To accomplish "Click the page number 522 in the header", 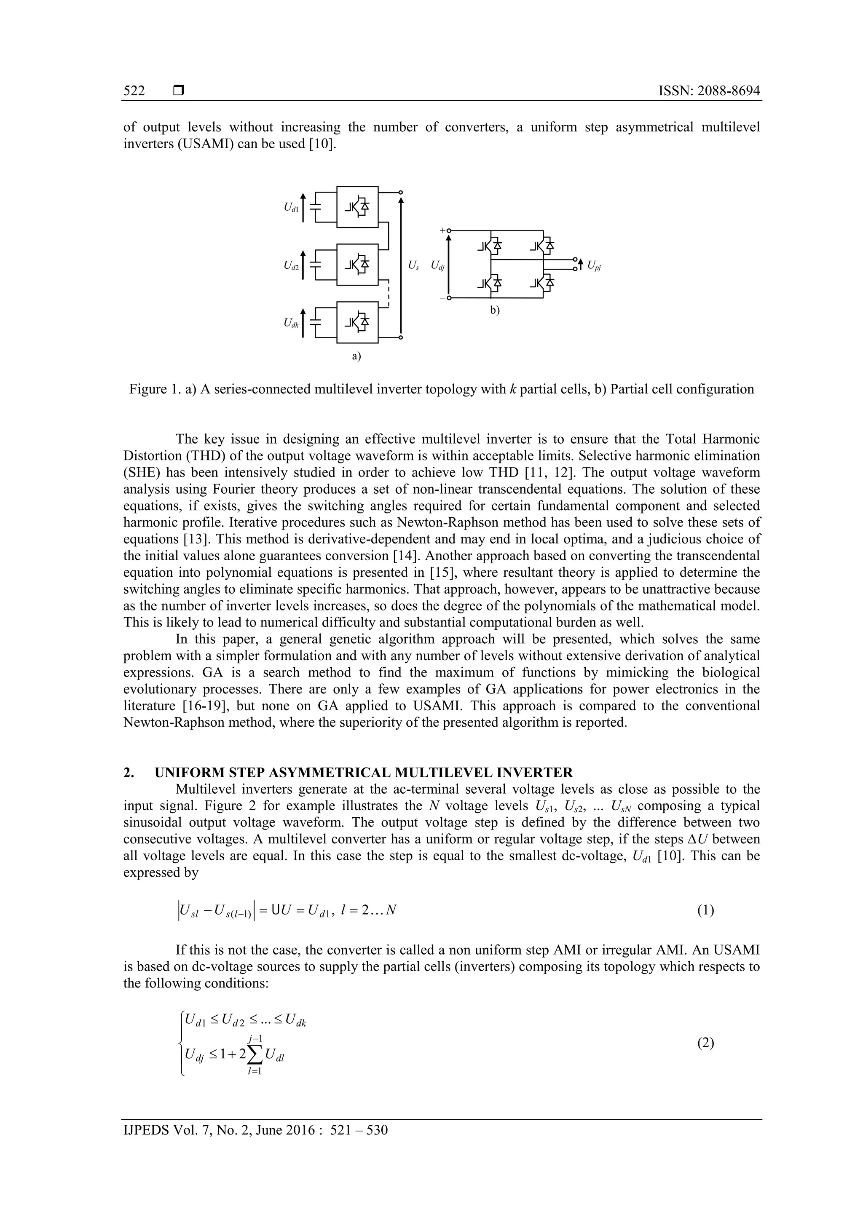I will pyautogui.click(x=134, y=91).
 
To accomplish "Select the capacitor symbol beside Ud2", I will pyautogui.click(x=316, y=265).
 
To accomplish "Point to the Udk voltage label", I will pyautogui.click(x=291, y=323).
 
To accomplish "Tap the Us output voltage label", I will pyautogui.click(x=413, y=265).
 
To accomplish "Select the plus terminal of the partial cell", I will pyautogui.click(x=448, y=230).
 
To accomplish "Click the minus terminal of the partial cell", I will pyautogui.click(x=448, y=298).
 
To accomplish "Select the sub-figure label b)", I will pyautogui.click(x=495, y=311).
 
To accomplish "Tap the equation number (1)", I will pyautogui.click(x=705, y=910).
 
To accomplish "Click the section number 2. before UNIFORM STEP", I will pyautogui.click(x=128, y=772).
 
